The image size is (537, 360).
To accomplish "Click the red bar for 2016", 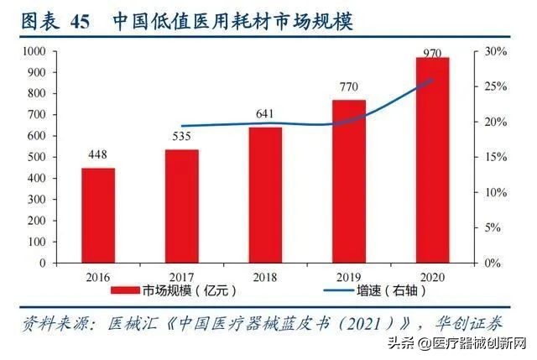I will click(x=98, y=215).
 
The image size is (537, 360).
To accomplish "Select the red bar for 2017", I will click(x=181, y=206).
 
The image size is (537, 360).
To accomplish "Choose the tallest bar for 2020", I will click(x=432, y=159).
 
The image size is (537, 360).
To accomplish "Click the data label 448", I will click(x=98, y=154).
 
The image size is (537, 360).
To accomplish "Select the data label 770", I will click(x=349, y=86).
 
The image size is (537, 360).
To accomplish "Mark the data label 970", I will click(x=432, y=53).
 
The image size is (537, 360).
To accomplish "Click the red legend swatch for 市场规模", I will click(x=131, y=290).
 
